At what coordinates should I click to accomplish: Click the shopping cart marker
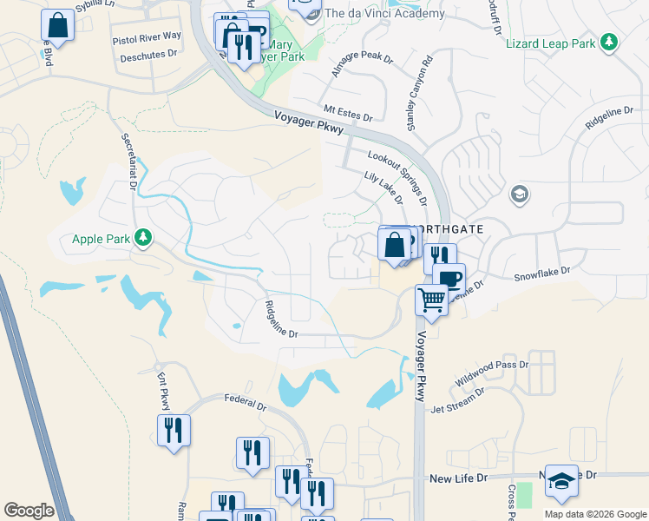431,300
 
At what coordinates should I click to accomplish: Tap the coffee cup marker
449,280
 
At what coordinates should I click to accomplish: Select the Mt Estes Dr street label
347,112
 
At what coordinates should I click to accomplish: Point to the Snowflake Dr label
542,272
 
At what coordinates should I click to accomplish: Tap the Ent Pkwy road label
163,392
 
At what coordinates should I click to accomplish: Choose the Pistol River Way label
147,36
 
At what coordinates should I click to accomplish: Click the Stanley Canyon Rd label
417,96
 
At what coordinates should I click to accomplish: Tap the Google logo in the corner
29,510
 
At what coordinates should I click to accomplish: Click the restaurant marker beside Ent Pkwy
174,430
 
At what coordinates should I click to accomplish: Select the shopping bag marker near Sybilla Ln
57,26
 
